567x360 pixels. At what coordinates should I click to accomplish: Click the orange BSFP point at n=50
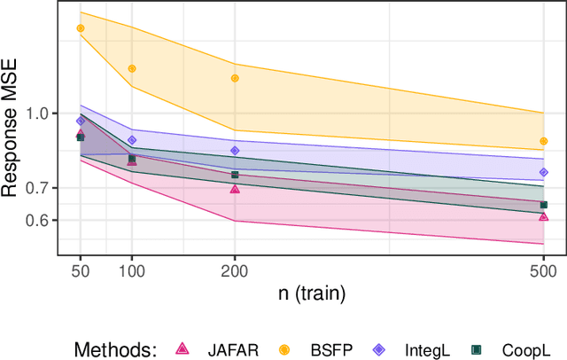[x=81, y=28]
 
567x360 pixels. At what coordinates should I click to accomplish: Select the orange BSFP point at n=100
[x=132, y=68]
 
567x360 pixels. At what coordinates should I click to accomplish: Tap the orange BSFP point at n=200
[x=235, y=78]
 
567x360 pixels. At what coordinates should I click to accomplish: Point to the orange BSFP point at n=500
[x=543, y=141]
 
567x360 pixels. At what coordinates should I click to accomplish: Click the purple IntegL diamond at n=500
[x=543, y=173]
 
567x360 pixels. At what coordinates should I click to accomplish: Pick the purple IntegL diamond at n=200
[x=235, y=151]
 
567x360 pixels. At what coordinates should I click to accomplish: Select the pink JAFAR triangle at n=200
[x=235, y=189]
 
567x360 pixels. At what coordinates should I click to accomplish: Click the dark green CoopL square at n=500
[x=543, y=205]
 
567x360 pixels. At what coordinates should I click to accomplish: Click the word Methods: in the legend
[x=116, y=348]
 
